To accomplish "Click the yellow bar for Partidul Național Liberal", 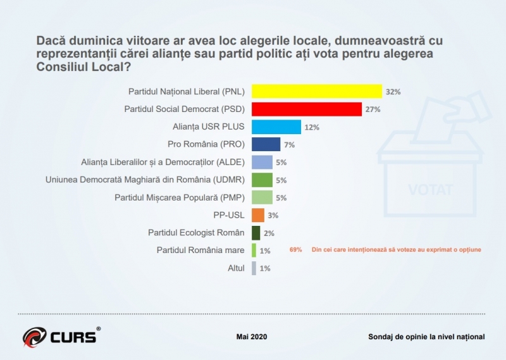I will (x=317, y=91).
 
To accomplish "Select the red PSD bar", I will (x=307, y=109).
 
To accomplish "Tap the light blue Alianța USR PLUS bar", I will (x=276, y=127).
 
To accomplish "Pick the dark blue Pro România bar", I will (x=266, y=144).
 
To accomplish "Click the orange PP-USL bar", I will (x=258, y=215).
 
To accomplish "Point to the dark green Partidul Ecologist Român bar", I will (x=256, y=233).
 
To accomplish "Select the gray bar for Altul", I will (x=254, y=268).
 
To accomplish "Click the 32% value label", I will (x=393, y=92).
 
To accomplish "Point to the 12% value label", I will (x=312, y=127).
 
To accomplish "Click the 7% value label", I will (x=290, y=145).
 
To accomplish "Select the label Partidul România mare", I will (x=201, y=251).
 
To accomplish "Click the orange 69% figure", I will (x=295, y=250).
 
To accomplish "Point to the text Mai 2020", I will (x=252, y=337).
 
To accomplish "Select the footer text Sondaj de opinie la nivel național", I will (x=426, y=337).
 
